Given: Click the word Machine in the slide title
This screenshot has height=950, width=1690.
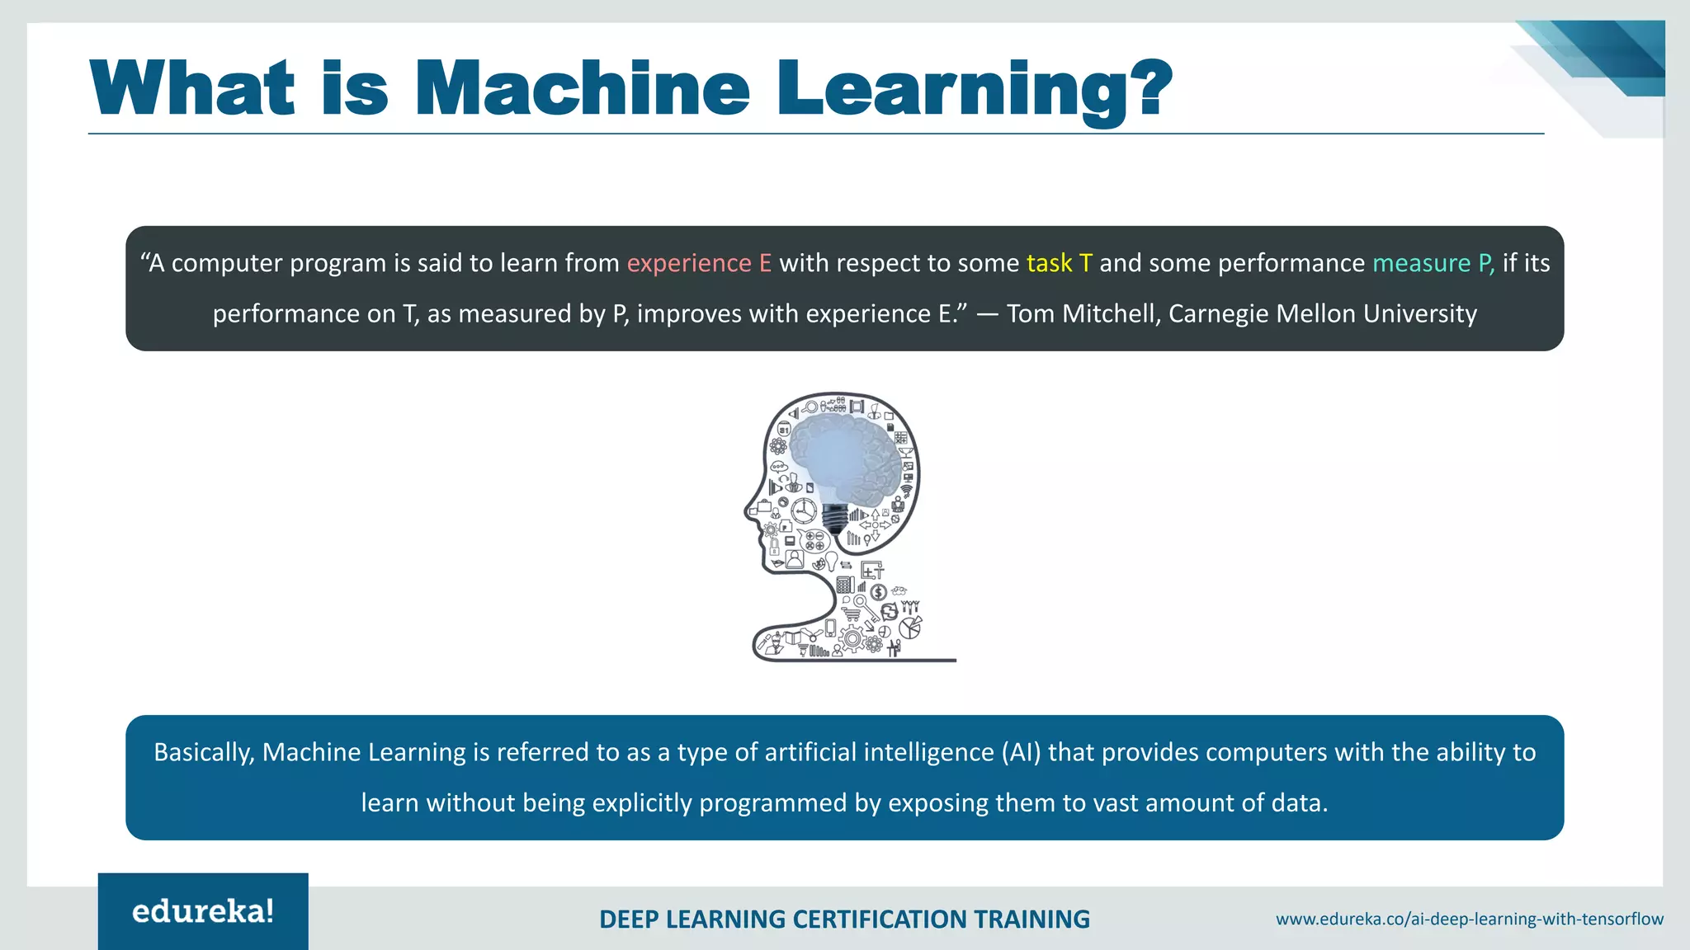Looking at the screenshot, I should [x=582, y=89].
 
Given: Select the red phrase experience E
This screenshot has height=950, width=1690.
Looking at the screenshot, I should [x=699, y=263].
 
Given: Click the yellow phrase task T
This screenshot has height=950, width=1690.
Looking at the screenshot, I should [x=1059, y=263].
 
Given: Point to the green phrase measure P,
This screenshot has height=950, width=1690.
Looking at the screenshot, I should [x=1433, y=263].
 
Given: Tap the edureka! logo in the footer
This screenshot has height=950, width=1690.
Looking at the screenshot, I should [x=203, y=911].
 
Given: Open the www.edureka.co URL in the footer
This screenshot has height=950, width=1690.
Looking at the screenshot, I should [x=1469, y=919].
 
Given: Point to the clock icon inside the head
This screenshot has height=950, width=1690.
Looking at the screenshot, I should [x=803, y=510].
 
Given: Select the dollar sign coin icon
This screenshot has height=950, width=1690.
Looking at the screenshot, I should [x=878, y=592].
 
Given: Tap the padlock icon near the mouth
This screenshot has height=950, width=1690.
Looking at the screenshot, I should [x=774, y=545].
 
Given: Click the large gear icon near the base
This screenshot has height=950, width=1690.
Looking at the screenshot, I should [x=852, y=637].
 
